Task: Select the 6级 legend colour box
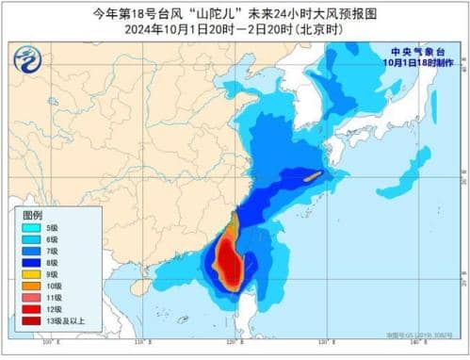pyautogui.click(x=30, y=241)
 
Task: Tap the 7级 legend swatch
pyautogui.click(x=30, y=254)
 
